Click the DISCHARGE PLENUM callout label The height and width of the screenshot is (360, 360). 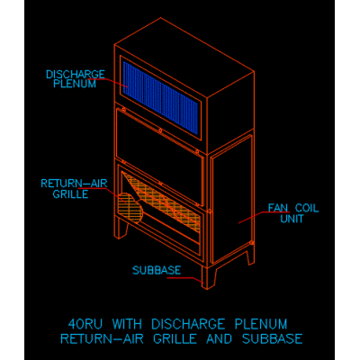click(76, 79)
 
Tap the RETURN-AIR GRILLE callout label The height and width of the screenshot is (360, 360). click(74, 189)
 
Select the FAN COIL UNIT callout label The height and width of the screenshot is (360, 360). click(292, 213)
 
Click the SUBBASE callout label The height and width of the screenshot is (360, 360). click(157, 270)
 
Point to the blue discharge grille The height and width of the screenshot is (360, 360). click(160, 97)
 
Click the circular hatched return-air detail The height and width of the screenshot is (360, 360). click(130, 208)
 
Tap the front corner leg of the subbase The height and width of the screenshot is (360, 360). click(209, 277)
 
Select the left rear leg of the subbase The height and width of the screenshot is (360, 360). click(122, 228)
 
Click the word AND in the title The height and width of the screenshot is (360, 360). click(219, 338)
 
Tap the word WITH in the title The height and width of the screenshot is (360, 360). click(127, 324)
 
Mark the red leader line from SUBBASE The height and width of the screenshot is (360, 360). click(184, 280)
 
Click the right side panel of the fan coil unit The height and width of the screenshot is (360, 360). click(231, 199)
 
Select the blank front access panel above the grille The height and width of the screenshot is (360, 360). click(160, 157)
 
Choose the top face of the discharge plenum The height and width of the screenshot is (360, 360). click(184, 58)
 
